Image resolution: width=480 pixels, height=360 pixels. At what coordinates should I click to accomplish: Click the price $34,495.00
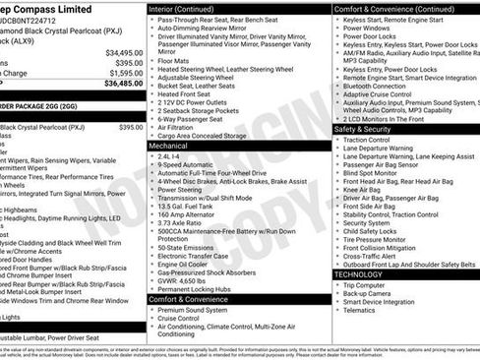[124, 52]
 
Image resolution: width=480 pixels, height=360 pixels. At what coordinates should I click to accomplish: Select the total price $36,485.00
[124, 84]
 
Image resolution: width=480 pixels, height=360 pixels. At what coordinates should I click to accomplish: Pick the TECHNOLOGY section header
[366, 273]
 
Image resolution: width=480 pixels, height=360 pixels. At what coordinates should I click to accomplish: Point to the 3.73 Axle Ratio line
[184, 222]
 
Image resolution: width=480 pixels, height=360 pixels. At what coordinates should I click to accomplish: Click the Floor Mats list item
[176, 59]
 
